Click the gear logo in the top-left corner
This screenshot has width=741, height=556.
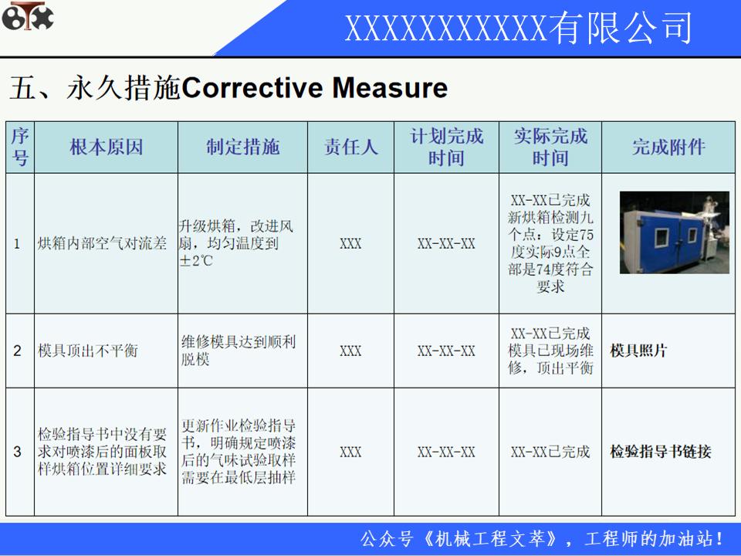[28, 18]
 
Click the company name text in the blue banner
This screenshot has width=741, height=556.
[518, 29]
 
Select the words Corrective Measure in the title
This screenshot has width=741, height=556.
[314, 88]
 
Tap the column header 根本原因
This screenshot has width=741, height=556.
[107, 147]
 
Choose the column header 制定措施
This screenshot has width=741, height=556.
[242, 147]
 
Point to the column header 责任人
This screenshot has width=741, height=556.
[350, 147]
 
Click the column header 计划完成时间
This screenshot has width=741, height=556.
[446, 147]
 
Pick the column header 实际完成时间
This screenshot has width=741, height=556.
[550, 147]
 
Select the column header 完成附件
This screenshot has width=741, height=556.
[668, 147]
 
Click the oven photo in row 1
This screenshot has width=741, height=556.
[674, 232]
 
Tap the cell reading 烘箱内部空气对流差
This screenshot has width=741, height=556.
[102, 244]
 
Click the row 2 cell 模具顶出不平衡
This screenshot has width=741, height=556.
[88, 351]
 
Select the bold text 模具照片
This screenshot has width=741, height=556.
[638, 351]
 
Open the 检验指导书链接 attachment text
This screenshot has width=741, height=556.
[660, 452]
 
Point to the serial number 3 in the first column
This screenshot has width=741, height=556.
[18, 452]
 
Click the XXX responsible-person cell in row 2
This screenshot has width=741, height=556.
[350, 351]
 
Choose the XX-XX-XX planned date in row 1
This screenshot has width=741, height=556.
[446, 244]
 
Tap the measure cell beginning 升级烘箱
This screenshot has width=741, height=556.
[236, 244]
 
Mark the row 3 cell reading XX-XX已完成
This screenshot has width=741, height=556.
[550, 452]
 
